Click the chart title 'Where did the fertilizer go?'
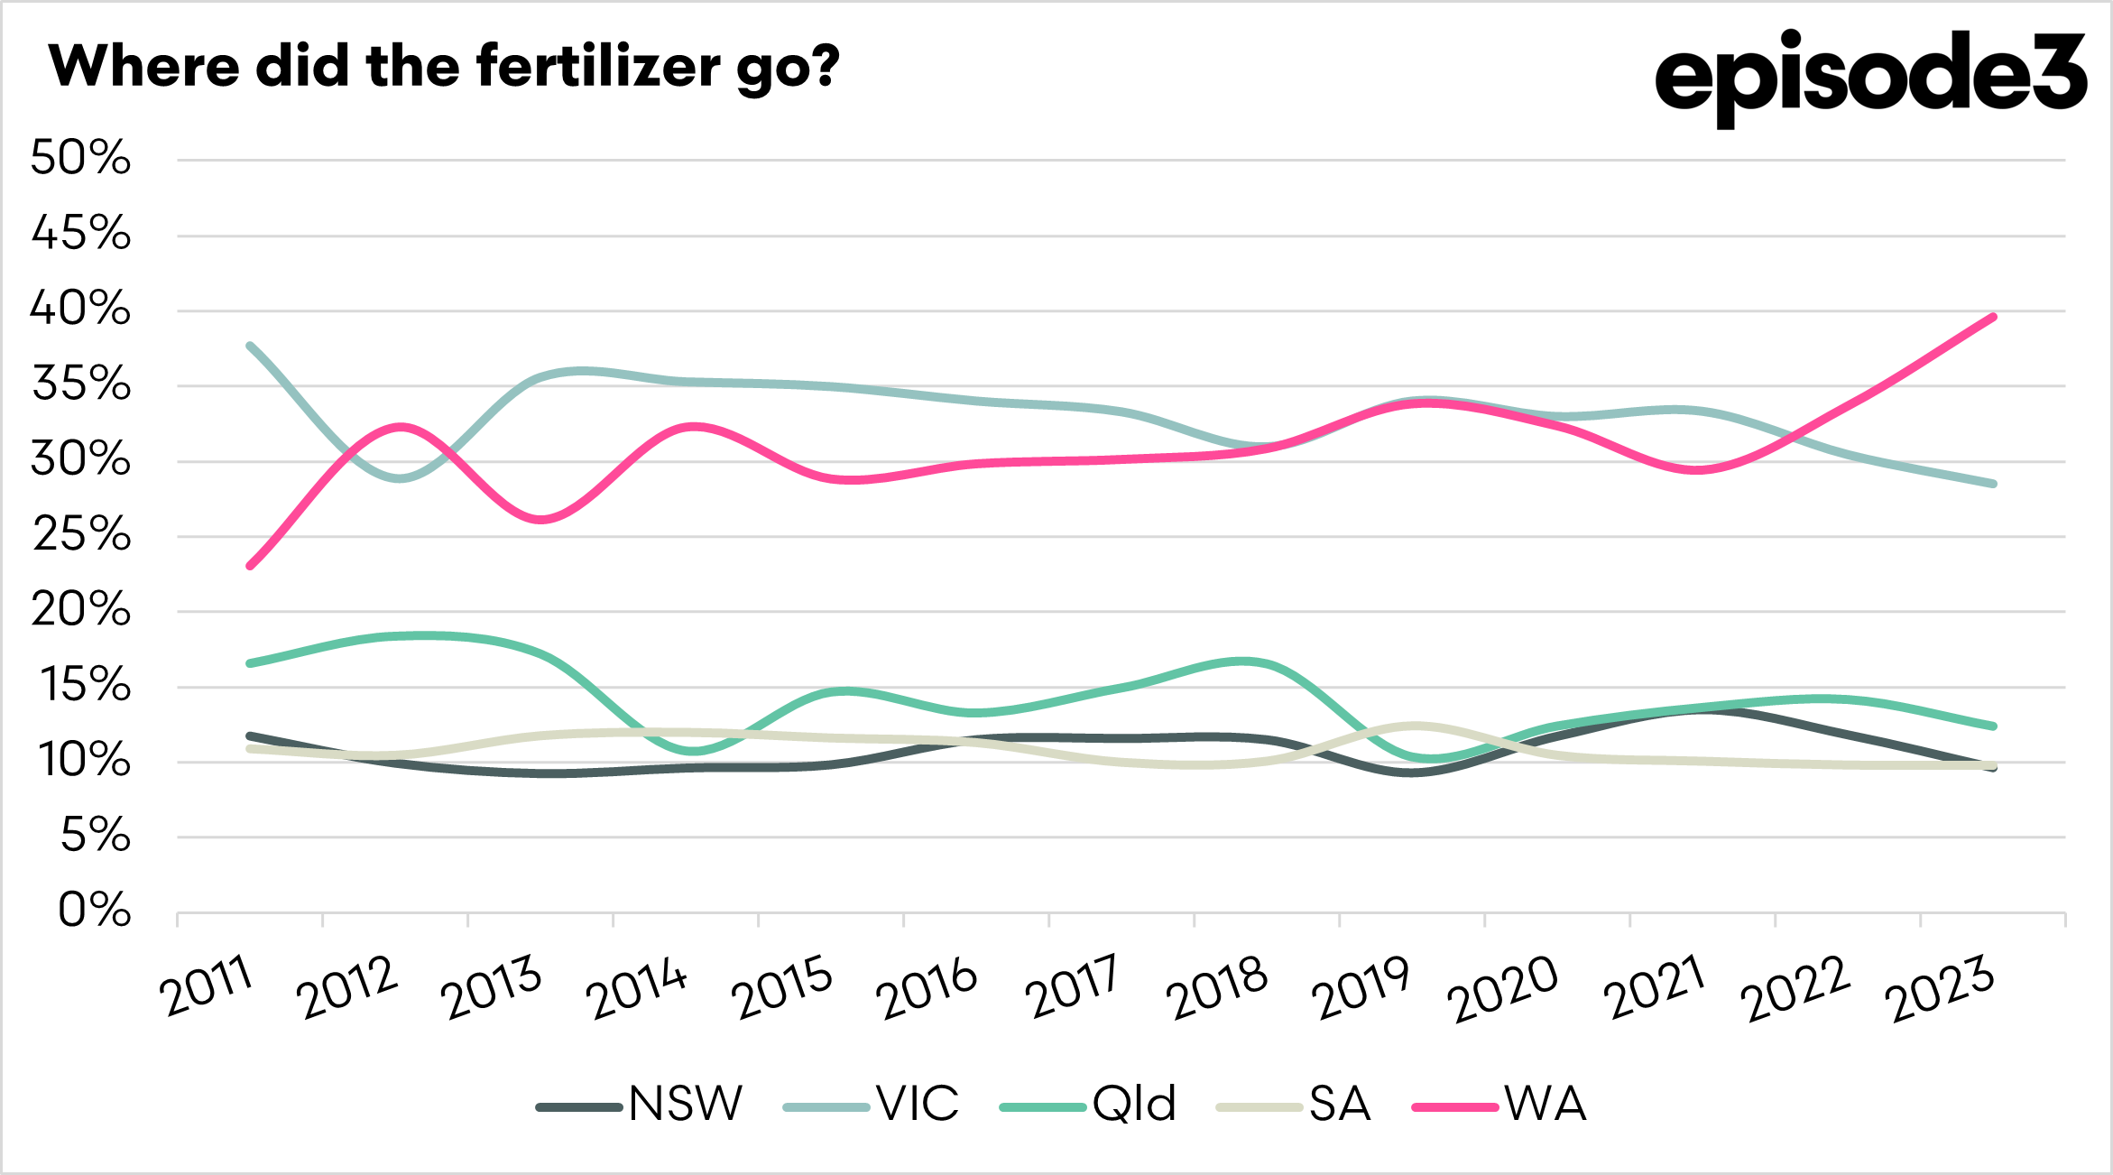444,67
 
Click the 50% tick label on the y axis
81,158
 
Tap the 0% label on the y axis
95,911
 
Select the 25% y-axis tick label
81,534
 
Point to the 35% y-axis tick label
81,384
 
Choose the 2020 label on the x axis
1504,989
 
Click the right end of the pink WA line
1993,317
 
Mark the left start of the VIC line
250,346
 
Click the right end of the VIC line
1993,484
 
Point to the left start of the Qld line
250,663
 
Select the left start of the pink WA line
250,566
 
